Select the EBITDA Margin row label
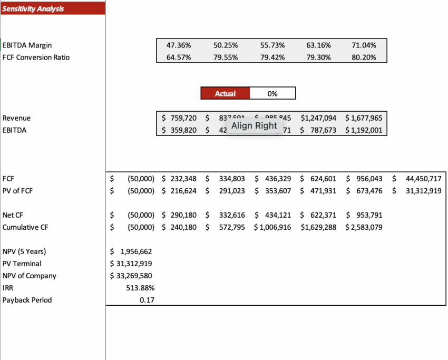pos(27,45)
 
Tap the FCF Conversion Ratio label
pos(36,57)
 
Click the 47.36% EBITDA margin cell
pos(179,45)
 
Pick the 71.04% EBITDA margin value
pos(364,45)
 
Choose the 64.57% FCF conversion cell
pos(179,57)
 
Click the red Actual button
pos(225,93)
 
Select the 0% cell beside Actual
pos(272,93)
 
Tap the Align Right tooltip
pos(254,125)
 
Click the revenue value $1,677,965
pos(364,118)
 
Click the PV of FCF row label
pos(17,191)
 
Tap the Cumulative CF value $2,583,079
pos(364,227)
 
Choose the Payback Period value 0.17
pos(147,300)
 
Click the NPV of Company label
pos(29,276)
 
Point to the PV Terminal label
pos(22,264)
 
